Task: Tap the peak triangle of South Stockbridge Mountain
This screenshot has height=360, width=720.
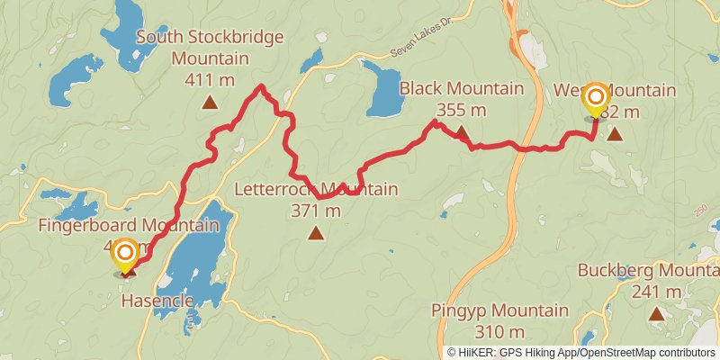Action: pos(210,103)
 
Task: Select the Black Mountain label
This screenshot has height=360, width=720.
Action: pos(461,89)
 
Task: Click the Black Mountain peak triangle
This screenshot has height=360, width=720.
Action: pos(461,134)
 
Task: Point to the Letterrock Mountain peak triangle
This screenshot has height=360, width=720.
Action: pos(316,234)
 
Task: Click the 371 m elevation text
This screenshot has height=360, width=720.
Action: pos(316,211)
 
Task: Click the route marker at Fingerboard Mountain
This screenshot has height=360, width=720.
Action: pos(124,255)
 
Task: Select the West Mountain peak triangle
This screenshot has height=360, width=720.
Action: pos(615,135)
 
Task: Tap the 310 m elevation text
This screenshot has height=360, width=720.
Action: pos(503,332)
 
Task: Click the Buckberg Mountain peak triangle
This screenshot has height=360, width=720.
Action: pos(657,314)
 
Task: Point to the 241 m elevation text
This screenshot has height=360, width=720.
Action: pos(657,291)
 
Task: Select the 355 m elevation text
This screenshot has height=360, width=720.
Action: pos(461,111)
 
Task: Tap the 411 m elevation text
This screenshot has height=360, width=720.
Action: pos(209,80)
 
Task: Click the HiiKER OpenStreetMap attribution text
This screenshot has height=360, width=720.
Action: pos(580,352)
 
